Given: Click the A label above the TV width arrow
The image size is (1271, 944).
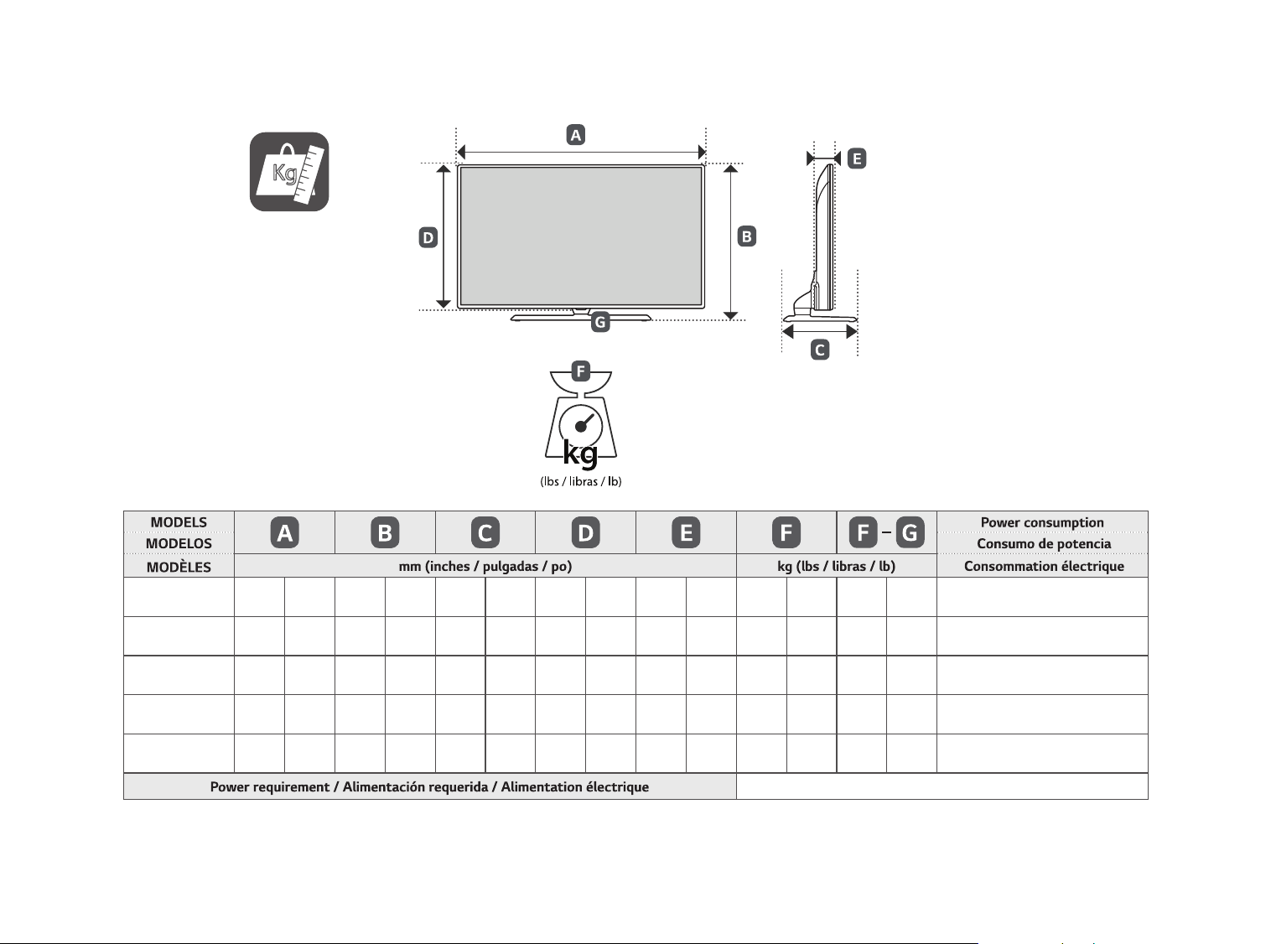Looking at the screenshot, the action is click(x=575, y=135).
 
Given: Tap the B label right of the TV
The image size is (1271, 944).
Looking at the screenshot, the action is click(x=746, y=236).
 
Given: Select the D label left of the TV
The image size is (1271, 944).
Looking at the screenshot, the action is click(x=428, y=237).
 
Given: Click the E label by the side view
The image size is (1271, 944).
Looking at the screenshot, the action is click(x=857, y=158).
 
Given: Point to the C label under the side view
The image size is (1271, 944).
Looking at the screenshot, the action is click(x=820, y=350).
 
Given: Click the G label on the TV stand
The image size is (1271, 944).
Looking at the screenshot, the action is click(x=600, y=322).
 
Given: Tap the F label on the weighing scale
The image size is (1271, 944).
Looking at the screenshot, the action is click(x=580, y=371).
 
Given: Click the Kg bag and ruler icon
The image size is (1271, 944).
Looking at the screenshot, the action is click(x=289, y=172).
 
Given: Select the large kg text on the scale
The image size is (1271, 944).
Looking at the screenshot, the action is click(x=580, y=454).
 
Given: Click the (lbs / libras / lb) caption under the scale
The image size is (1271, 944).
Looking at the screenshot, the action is click(x=580, y=481).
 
